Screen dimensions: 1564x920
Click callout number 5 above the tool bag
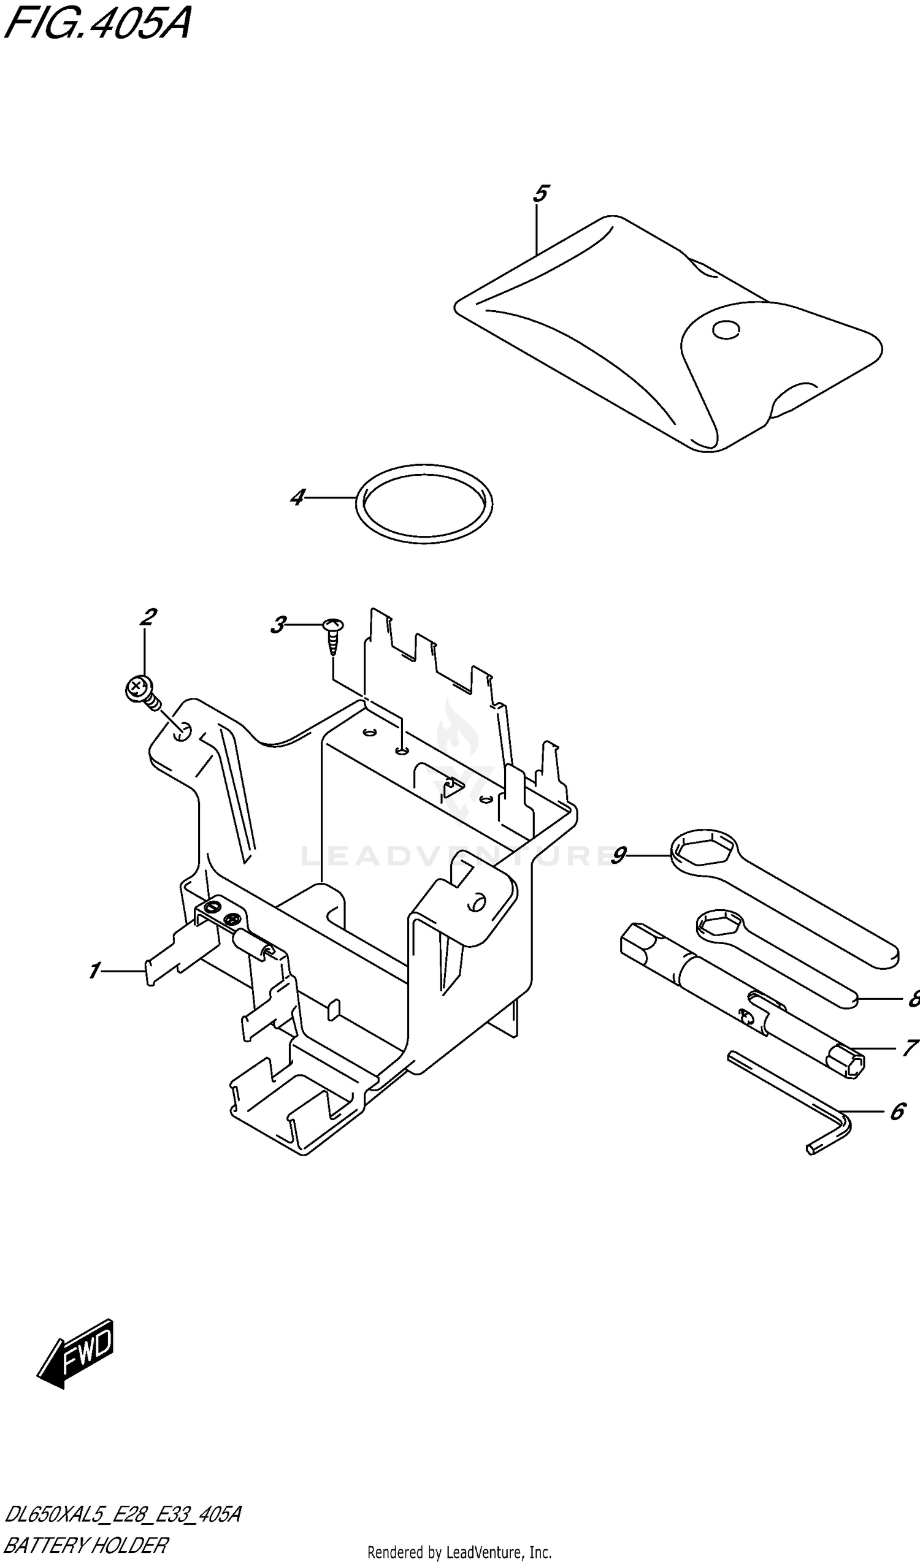[540, 194]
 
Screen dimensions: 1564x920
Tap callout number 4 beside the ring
[298, 497]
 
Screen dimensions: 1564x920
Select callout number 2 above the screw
[147, 617]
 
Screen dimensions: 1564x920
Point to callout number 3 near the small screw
[278, 624]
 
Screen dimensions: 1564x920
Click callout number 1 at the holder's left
[94, 970]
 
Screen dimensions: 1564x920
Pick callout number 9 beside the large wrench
[619, 856]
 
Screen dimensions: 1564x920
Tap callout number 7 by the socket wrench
[910, 1048]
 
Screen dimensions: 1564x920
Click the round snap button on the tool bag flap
[726, 330]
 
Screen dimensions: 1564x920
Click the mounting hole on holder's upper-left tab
[183, 734]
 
